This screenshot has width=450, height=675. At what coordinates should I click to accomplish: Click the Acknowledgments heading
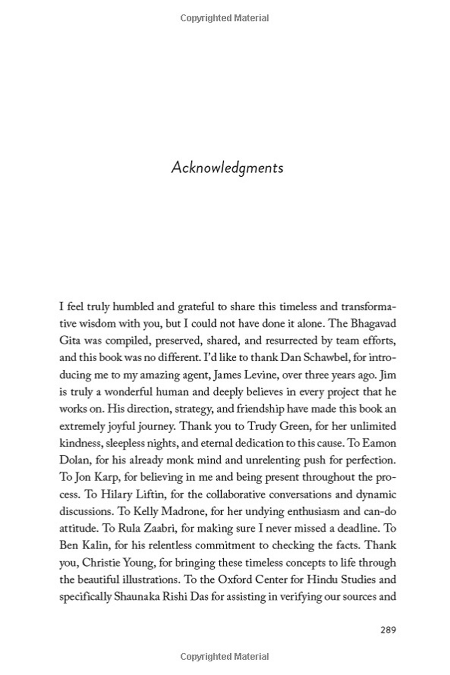[227, 168]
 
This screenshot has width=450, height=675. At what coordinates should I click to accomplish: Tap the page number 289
[388, 630]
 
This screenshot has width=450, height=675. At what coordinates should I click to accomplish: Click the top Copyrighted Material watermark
[224, 18]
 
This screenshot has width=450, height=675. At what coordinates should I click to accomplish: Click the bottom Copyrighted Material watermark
[224, 656]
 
